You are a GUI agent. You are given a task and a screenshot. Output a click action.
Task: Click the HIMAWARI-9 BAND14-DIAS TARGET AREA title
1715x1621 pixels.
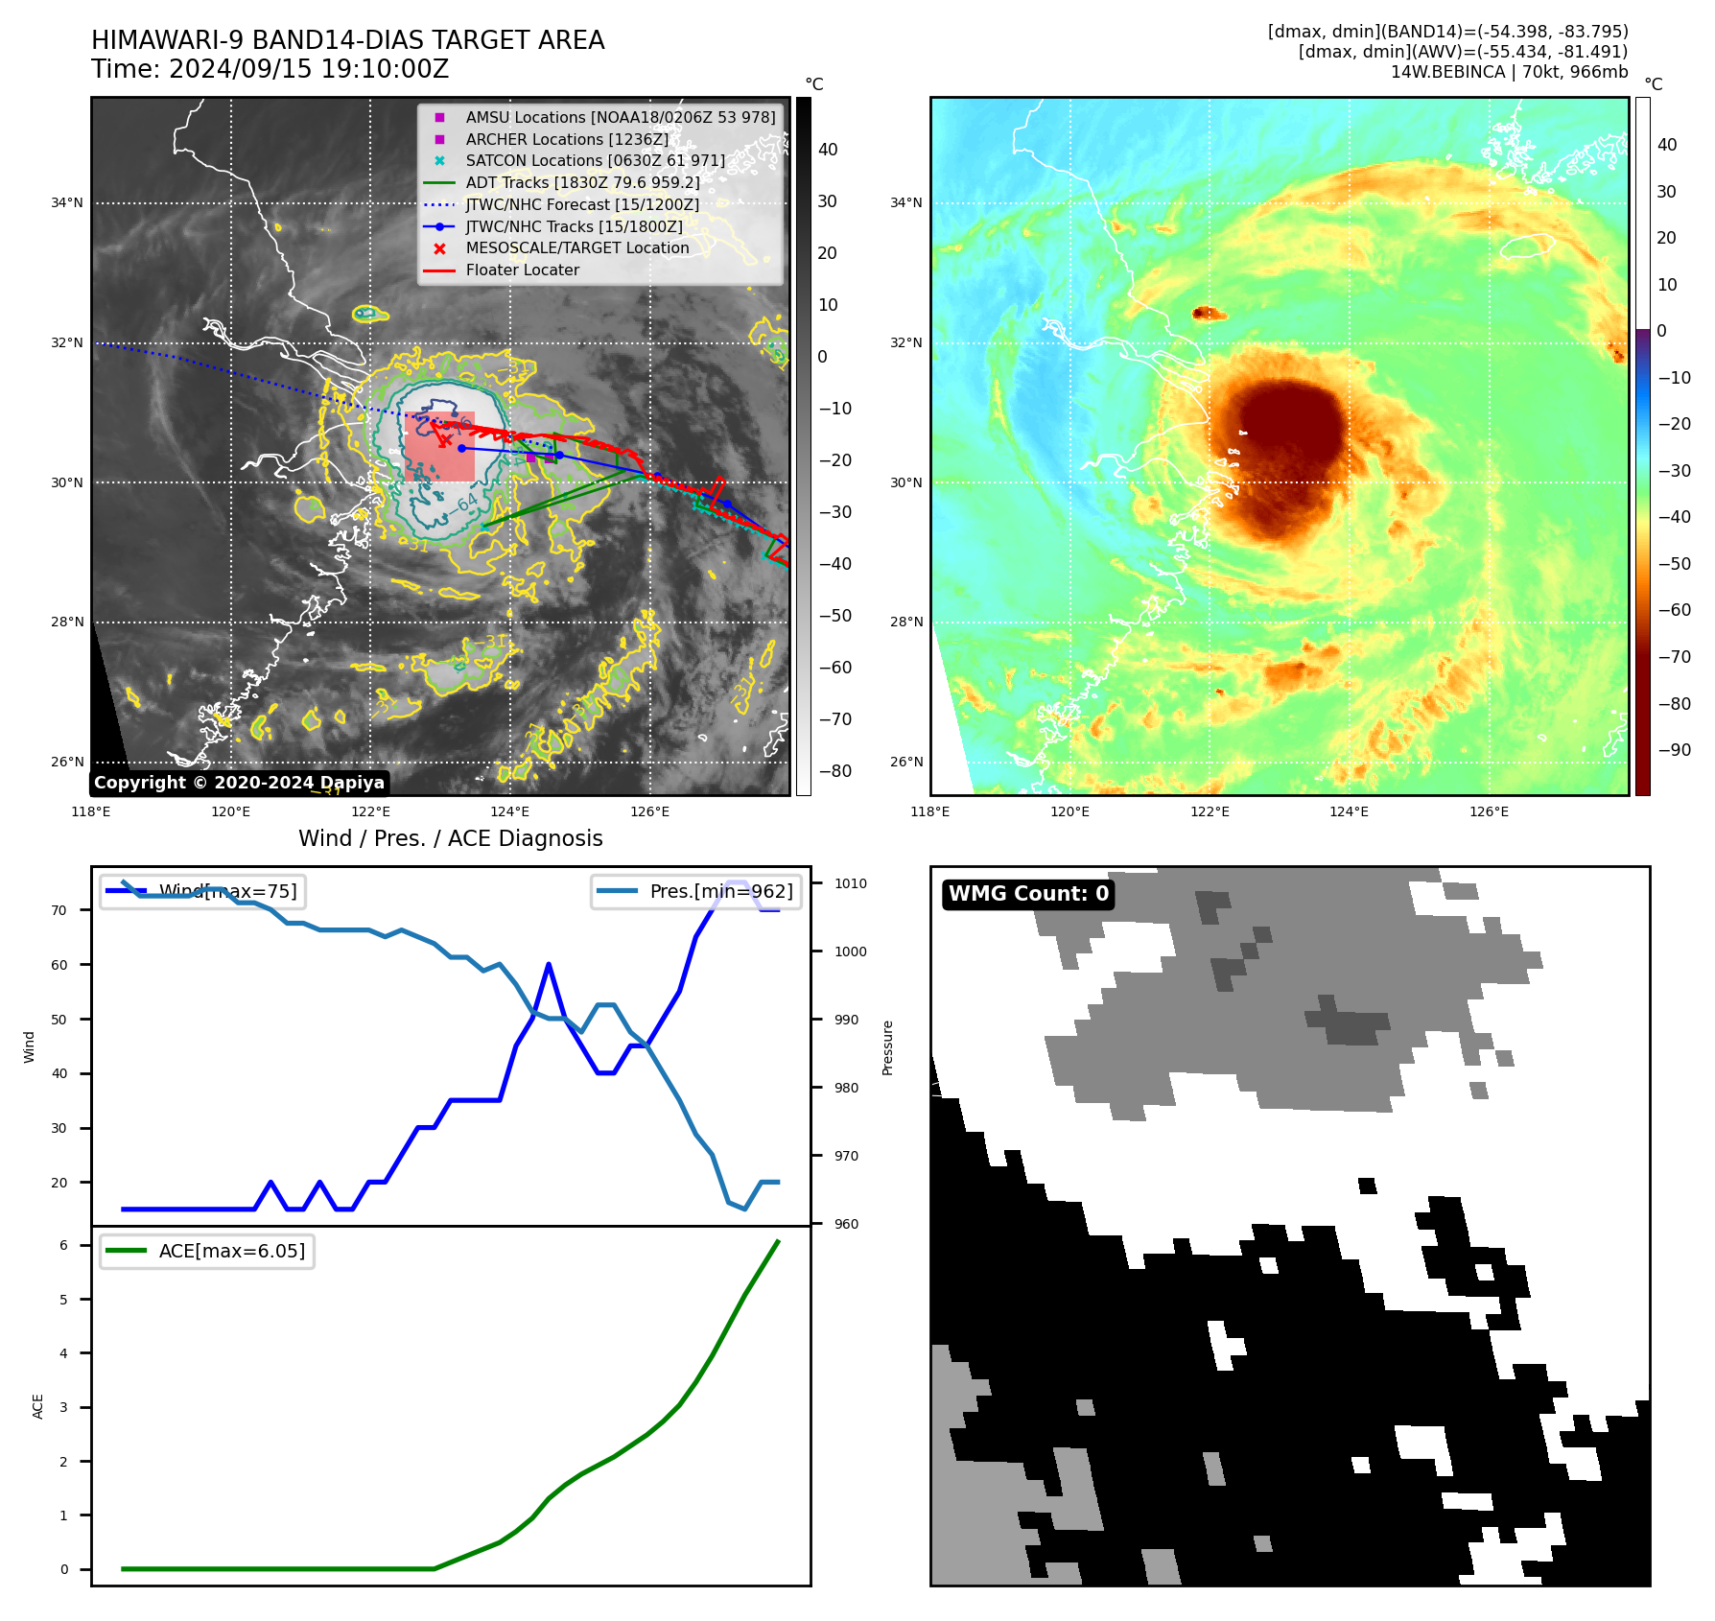(x=347, y=40)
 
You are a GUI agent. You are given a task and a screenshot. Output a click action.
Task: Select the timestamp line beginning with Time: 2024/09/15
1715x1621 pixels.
(x=270, y=69)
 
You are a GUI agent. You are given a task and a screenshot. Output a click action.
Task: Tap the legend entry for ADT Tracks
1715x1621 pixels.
(x=582, y=182)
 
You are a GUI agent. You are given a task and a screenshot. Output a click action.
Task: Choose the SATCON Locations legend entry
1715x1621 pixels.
(x=595, y=160)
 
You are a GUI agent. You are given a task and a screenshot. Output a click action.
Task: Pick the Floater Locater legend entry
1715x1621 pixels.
(x=522, y=270)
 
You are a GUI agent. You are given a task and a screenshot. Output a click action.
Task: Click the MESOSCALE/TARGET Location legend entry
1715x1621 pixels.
(x=576, y=247)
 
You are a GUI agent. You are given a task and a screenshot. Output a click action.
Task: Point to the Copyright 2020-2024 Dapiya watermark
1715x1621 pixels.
(x=239, y=783)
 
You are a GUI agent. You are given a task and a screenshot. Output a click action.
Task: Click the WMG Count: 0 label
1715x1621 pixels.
(x=1028, y=894)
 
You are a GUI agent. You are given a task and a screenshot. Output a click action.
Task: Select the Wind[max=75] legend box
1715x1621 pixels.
(x=202, y=891)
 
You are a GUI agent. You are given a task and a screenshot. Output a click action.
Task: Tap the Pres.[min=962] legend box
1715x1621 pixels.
(x=695, y=891)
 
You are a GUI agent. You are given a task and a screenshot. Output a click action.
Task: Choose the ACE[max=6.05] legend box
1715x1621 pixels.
(x=207, y=1251)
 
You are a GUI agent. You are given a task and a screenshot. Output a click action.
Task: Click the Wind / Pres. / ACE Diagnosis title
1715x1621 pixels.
(x=450, y=838)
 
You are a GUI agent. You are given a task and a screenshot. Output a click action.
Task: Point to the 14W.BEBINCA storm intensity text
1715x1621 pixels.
(x=1509, y=72)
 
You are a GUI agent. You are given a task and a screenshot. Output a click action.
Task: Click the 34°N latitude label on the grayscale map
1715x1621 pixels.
(x=67, y=202)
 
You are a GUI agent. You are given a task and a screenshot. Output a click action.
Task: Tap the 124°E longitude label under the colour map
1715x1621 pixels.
(x=1349, y=811)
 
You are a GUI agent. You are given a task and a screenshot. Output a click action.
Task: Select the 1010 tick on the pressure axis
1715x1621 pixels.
(x=850, y=883)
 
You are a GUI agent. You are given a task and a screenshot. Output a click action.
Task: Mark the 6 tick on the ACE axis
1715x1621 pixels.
(x=63, y=1245)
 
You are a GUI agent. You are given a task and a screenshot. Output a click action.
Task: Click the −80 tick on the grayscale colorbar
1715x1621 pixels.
(x=834, y=771)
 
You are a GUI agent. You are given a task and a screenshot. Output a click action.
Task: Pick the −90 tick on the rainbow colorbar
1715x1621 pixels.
(x=1674, y=750)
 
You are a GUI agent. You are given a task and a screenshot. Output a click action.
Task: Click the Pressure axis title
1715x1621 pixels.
(x=888, y=1047)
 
